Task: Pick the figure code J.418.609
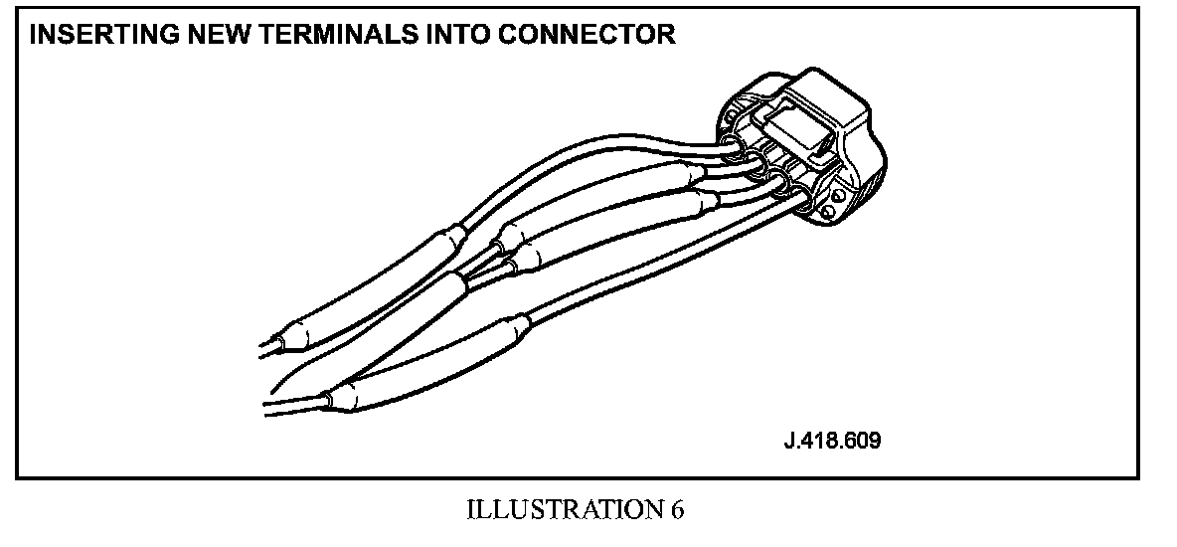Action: tap(832, 440)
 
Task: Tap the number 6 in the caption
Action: tap(677, 510)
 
